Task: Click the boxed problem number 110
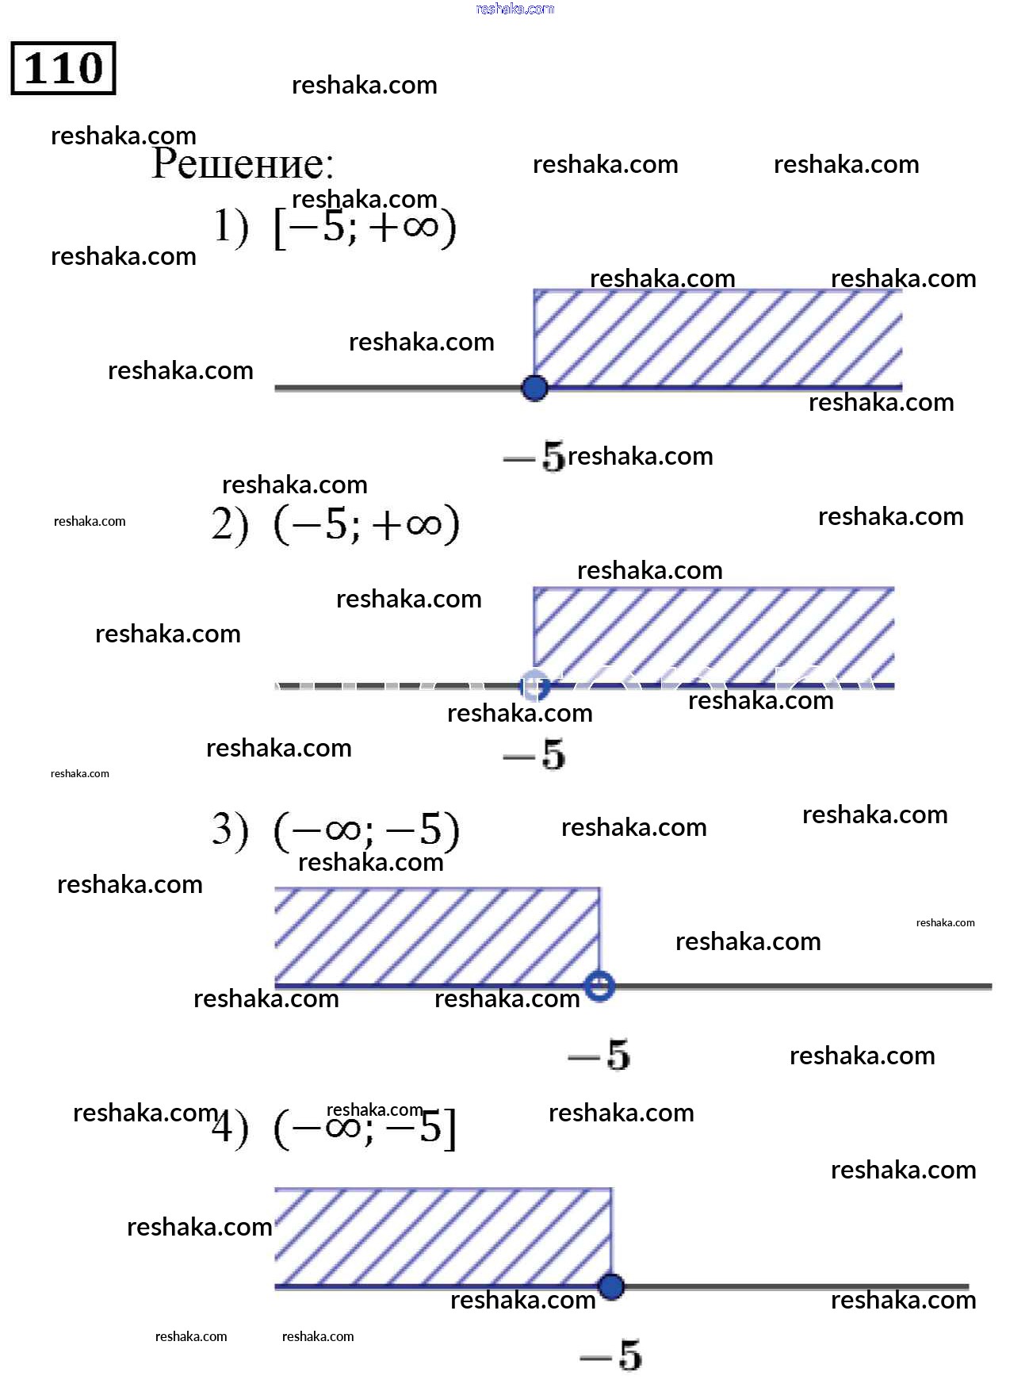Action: point(63,68)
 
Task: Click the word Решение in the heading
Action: point(243,163)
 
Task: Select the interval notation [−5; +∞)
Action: point(365,228)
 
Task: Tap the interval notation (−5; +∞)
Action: point(366,524)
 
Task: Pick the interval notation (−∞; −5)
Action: point(366,830)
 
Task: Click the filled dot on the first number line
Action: point(535,388)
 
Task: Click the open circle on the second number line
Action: point(534,686)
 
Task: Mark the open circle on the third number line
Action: point(599,986)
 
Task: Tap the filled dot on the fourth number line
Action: point(610,1286)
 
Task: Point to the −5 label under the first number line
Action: point(535,457)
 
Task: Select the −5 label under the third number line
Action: point(599,1056)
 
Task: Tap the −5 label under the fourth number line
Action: point(610,1355)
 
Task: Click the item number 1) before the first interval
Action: point(231,227)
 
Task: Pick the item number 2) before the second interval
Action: point(230,524)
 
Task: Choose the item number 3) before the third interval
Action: point(230,830)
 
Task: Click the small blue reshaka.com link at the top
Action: point(514,9)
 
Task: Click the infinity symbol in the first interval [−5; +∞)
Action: point(420,227)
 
